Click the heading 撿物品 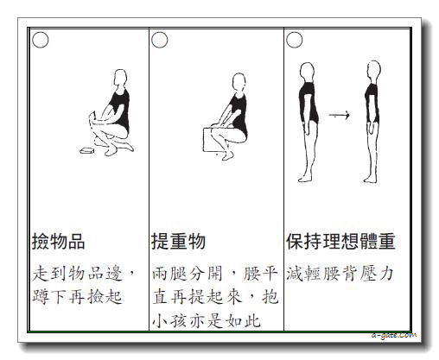click(x=58, y=241)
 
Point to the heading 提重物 click(x=178, y=241)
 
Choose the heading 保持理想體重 click(x=340, y=241)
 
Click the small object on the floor click(x=86, y=150)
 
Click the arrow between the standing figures click(x=339, y=116)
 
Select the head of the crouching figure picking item click(x=120, y=77)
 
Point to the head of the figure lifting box click(x=239, y=82)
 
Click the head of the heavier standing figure click(x=307, y=72)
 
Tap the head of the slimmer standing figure click(x=374, y=71)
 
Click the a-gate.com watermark click(x=393, y=335)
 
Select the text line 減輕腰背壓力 click(x=340, y=274)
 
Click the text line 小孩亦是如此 click(x=207, y=320)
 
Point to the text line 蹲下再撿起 click(x=77, y=296)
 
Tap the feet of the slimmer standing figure click(x=370, y=180)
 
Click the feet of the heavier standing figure click(x=305, y=179)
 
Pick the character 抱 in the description click(x=270, y=297)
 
